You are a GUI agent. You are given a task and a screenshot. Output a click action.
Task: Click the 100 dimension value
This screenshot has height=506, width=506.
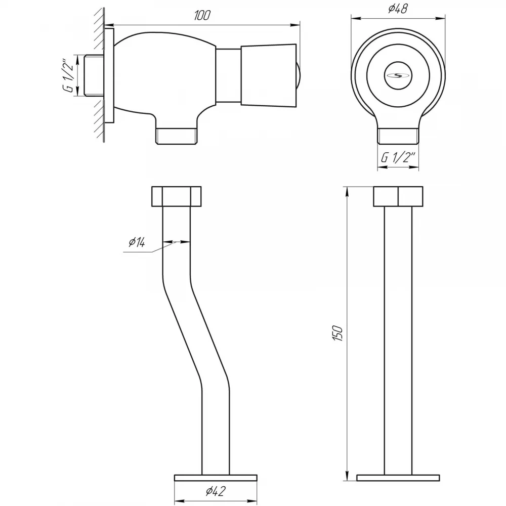pos(202,15)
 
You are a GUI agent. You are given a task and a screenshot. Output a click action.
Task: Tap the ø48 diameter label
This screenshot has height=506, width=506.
pos(398,9)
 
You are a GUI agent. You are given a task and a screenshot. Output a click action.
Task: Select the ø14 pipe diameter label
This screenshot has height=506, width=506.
pos(137,241)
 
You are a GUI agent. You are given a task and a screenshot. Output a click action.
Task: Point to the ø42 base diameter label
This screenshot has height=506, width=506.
pos(216,491)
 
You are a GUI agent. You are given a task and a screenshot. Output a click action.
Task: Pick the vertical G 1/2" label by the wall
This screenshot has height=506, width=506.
pos(68,75)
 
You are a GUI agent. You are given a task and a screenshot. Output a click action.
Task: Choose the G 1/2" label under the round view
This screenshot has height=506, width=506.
pos(398,157)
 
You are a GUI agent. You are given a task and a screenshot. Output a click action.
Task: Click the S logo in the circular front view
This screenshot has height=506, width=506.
pos(398,76)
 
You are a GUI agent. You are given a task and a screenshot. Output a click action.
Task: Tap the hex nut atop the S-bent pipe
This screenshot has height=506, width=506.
pos(176,196)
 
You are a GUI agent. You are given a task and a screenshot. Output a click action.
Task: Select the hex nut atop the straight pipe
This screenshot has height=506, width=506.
pos(398,196)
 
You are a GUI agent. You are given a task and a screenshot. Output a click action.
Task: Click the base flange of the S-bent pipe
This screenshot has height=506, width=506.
pos(216,478)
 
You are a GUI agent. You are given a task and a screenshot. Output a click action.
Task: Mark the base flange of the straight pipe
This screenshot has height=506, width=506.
pos(398,478)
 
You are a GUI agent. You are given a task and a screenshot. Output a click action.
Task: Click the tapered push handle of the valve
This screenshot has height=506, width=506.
pos(269,76)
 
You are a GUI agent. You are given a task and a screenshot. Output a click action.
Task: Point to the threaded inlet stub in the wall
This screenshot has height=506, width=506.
pos(94,76)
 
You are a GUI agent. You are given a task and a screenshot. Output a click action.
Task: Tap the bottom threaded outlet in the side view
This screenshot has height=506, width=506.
pos(177,136)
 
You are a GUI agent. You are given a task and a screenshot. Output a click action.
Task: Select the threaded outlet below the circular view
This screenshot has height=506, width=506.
pos(398,136)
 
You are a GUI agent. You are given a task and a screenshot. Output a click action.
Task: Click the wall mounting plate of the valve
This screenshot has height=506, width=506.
pos(109,76)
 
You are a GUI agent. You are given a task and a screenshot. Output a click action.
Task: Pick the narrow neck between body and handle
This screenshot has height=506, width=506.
pos(228,76)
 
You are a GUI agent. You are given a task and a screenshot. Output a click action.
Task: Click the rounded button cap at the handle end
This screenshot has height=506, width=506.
pos(299,76)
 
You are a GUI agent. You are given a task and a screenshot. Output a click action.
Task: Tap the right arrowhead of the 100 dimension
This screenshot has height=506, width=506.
pos(295,24)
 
